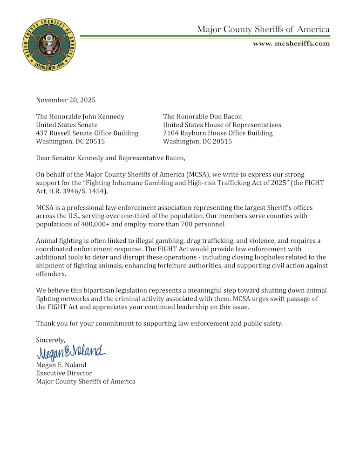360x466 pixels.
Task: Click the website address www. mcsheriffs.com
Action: coord(291,43)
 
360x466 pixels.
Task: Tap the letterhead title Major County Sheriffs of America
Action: coord(263,29)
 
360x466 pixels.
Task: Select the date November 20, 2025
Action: coord(66,100)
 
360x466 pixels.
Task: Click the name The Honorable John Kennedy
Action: coord(80,116)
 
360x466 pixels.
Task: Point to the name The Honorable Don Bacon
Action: coord(202,116)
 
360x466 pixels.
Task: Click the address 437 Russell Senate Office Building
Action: coord(87,133)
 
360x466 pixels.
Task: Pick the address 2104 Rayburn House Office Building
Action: coord(217,133)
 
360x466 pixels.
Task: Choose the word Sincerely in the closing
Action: coord(51,340)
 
